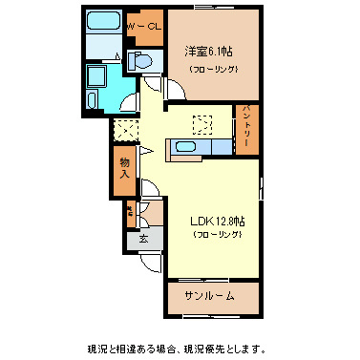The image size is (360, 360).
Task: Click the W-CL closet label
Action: (x=144, y=28)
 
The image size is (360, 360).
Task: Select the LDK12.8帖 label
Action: (x=215, y=221)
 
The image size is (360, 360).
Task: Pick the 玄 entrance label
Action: (x=143, y=238)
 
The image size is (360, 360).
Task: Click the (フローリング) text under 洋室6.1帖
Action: (x=213, y=70)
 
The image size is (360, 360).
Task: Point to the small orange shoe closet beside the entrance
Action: (x=129, y=212)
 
